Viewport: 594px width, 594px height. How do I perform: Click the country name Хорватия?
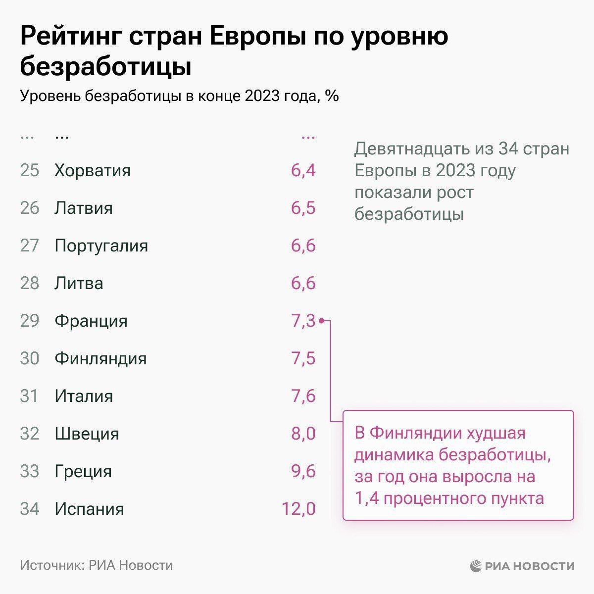click(93, 170)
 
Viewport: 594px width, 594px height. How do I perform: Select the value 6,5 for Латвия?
click(303, 208)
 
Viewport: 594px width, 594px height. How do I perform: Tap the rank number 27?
click(30, 246)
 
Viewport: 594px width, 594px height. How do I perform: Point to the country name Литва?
click(79, 283)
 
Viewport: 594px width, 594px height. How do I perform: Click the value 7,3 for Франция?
click(303, 321)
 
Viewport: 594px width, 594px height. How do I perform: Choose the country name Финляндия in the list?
click(100, 358)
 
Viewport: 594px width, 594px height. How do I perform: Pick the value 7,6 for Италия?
click(303, 396)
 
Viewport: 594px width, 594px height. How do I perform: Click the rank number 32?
click(30, 434)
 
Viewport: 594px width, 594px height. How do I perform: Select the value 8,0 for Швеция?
click(303, 434)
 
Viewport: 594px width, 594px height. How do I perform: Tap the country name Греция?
click(83, 471)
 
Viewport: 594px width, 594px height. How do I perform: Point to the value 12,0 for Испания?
click(298, 509)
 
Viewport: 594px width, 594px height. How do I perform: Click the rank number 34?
click(30, 509)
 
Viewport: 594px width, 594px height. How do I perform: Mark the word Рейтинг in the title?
click(70, 38)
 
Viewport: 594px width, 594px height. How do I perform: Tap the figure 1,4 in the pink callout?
click(366, 497)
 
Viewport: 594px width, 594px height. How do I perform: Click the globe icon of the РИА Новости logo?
click(476, 566)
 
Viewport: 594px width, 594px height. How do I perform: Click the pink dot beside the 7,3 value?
click(321, 321)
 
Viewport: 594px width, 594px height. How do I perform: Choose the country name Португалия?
click(101, 246)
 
